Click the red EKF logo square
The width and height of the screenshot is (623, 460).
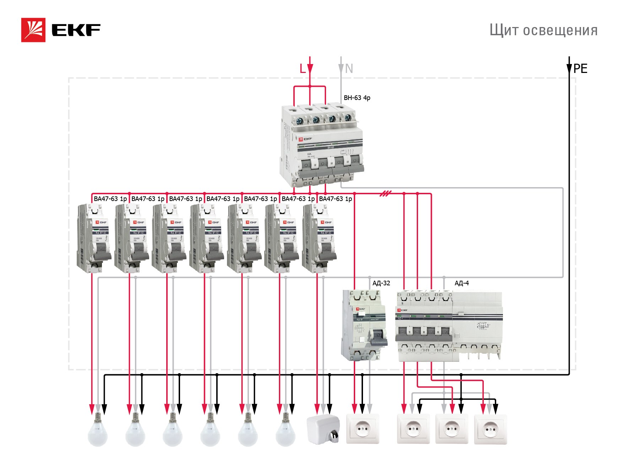click(x=33, y=30)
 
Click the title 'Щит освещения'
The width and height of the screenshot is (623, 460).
click(x=543, y=30)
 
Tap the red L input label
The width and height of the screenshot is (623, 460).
click(x=302, y=68)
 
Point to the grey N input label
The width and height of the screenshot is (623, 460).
click(x=349, y=68)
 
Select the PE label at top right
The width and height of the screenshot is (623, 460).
click(x=580, y=68)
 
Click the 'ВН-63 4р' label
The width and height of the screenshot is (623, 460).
click(x=357, y=97)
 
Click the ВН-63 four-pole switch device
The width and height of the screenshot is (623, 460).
click(x=323, y=146)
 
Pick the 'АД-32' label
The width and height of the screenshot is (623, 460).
click(x=381, y=283)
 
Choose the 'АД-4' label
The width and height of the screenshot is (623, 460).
click(x=461, y=283)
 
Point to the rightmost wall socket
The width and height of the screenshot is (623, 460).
click(x=491, y=429)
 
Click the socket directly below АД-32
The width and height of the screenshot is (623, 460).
click(x=363, y=429)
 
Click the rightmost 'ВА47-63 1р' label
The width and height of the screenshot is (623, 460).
click(x=335, y=199)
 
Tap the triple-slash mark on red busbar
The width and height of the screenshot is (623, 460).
click(x=385, y=194)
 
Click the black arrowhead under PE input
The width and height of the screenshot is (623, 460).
click(x=569, y=69)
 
